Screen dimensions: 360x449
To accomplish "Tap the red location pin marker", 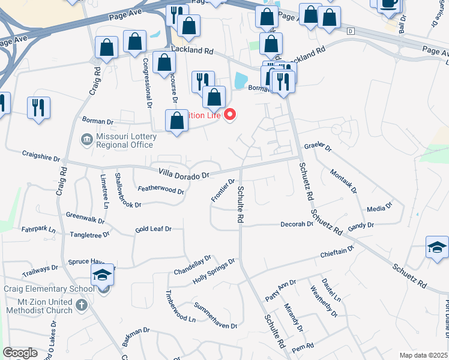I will tap(230, 114).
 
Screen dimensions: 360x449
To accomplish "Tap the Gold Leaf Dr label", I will tap(153, 229).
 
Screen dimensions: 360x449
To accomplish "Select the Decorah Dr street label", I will tap(297, 224).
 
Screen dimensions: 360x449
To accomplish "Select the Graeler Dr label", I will tap(318, 146).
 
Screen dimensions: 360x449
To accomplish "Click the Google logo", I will tap(20, 353).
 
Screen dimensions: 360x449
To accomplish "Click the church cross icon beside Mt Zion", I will tap(81, 306).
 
